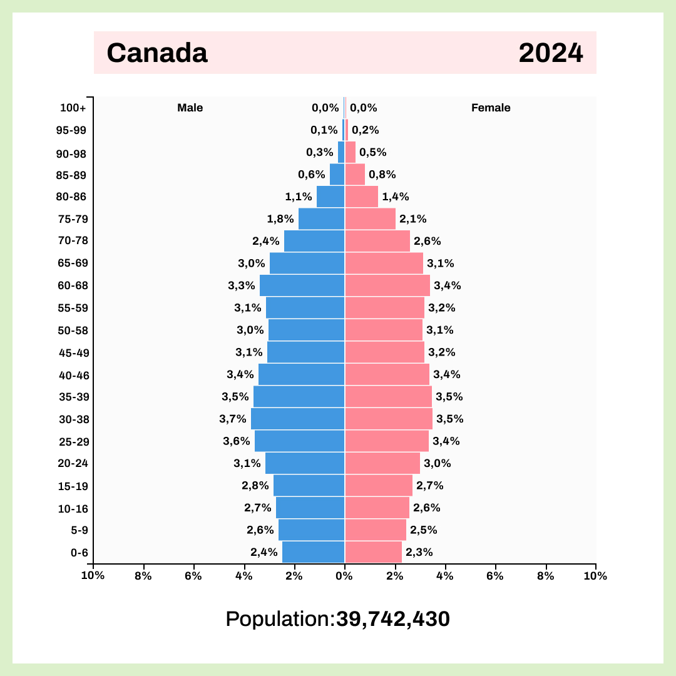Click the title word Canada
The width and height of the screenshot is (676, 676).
tap(156, 53)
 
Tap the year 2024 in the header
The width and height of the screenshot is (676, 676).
tap(551, 53)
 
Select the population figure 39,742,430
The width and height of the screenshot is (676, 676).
tap(393, 619)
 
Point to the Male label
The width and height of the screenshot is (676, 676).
tap(190, 108)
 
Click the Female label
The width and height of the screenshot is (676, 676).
tap(491, 108)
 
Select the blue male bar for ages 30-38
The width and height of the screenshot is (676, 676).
tap(298, 419)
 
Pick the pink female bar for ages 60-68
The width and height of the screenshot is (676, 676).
tap(387, 285)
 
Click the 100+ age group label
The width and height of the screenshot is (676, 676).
tap(73, 108)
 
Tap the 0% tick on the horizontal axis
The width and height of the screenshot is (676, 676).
tap(344, 576)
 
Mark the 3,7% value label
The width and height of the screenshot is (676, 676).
tap(233, 419)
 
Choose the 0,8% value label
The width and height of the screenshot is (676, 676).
tap(382, 175)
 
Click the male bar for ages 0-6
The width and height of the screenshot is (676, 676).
tap(314, 552)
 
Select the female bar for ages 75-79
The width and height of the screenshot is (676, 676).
tap(370, 219)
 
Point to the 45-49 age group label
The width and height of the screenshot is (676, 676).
tap(74, 352)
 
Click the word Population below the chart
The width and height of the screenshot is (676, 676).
tap(277, 619)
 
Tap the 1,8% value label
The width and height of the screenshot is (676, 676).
tap(280, 219)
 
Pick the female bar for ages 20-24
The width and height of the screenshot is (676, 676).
tap(382, 463)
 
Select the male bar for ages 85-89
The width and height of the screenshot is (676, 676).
tap(337, 175)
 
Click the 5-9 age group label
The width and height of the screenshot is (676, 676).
tap(79, 530)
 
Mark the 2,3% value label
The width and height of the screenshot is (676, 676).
tap(419, 552)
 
